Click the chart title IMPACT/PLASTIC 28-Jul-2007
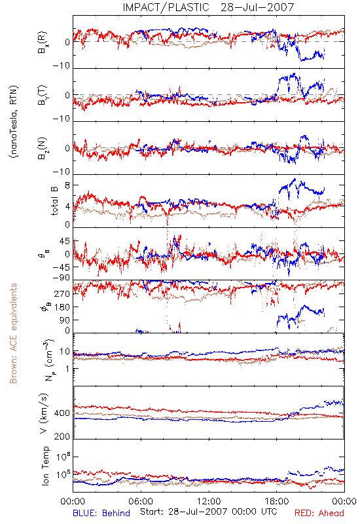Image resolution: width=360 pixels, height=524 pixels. pyautogui.click(x=208, y=7)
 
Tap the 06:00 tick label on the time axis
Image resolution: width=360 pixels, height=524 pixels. pyautogui.click(x=141, y=501)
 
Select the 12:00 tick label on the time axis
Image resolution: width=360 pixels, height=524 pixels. pyautogui.click(x=209, y=501)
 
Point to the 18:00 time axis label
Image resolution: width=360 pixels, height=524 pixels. pyautogui.click(x=276, y=501)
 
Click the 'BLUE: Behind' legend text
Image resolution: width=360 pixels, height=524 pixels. pyautogui.click(x=101, y=513)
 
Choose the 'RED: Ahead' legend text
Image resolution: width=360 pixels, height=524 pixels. pyautogui.click(x=319, y=513)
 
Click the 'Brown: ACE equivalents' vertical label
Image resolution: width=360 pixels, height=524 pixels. pyautogui.click(x=13, y=333)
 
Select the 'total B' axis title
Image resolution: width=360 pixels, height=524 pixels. pyautogui.click(x=54, y=201)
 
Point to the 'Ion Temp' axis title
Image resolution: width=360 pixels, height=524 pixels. pyautogui.click(x=45, y=466)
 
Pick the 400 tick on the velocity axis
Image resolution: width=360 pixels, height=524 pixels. pyautogui.click(x=62, y=413)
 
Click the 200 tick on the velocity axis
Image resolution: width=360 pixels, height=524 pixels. pyautogui.click(x=62, y=436)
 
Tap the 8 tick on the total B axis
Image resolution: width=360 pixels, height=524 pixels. pyautogui.click(x=67, y=185)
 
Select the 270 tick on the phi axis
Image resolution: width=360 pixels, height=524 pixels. pyautogui.click(x=62, y=293)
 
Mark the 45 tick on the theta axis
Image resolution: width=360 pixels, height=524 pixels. pyautogui.click(x=65, y=241)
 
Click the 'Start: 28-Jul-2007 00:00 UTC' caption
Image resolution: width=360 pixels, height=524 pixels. pyautogui.click(x=208, y=512)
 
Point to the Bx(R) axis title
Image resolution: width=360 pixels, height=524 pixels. pyautogui.click(x=43, y=43)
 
